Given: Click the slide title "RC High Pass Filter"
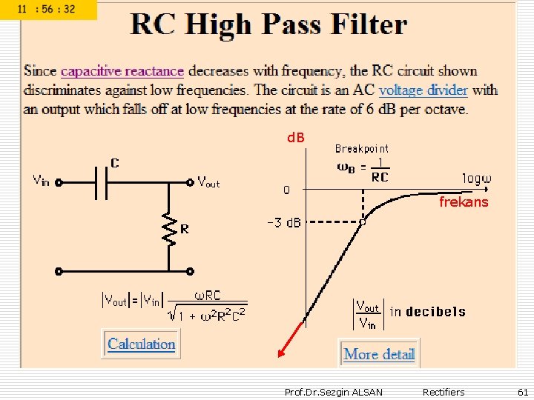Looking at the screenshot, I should [x=268, y=25].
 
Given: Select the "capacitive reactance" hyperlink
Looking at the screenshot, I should [x=122, y=71].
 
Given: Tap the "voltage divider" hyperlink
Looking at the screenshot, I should [x=423, y=90].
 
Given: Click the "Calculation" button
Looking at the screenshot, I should [x=141, y=344].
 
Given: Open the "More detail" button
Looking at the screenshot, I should [x=379, y=354].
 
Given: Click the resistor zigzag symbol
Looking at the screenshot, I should [x=170, y=231].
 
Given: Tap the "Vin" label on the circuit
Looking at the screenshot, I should [x=41, y=180].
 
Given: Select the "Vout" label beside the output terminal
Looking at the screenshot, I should [x=208, y=181].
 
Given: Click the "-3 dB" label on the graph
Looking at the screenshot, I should [x=283, y=222].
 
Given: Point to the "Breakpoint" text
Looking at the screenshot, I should [x=361, y=148].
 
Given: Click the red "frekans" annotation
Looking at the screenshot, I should [x=464, y=201].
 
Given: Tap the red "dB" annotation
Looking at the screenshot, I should [x=296, y=138].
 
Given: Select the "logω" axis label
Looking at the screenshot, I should [x=478, y=179].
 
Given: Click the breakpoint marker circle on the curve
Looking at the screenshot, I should [x=363, y=221].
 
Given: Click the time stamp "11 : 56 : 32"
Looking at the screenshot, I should [x=49, y=10].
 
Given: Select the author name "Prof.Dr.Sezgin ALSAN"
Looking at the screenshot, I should [x=334, y=392].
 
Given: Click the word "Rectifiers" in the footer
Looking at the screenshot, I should [x=444, y=392].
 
